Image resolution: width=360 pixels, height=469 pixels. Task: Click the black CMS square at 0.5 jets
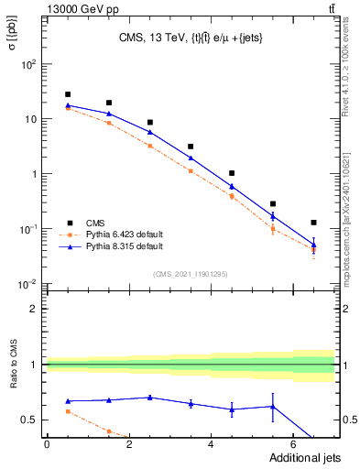pyautogui.click(x=67, y=94)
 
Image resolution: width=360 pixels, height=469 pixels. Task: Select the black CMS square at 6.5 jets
pyautogui.click(x=313, y=223)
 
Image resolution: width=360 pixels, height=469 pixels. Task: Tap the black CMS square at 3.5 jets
pyautogui.click(x=191, y=147)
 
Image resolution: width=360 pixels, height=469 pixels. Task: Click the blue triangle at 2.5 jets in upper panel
pyautogui.click(x=149, y=132)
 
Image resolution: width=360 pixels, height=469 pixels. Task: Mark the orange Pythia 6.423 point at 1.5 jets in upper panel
pyautogui.click(x=108, y=123)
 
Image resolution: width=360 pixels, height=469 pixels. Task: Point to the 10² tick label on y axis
pyautogui.click(x=27, y=64)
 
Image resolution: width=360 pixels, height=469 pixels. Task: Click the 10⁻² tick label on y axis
pyautogui.click(x=27, y=284)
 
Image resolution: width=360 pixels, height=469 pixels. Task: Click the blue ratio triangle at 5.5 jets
pyautogui.click(x=272, y=407)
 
